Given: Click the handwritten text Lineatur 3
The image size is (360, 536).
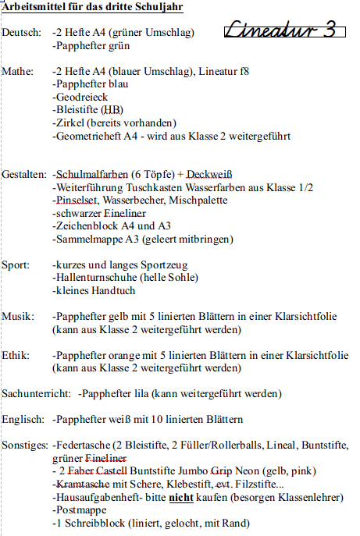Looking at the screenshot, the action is tap(284, 31).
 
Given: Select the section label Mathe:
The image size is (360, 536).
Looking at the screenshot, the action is tap(18, 71).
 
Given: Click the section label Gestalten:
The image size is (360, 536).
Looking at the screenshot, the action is tap(25, 174).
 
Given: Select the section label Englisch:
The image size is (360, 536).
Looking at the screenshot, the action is tap(23, 419).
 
